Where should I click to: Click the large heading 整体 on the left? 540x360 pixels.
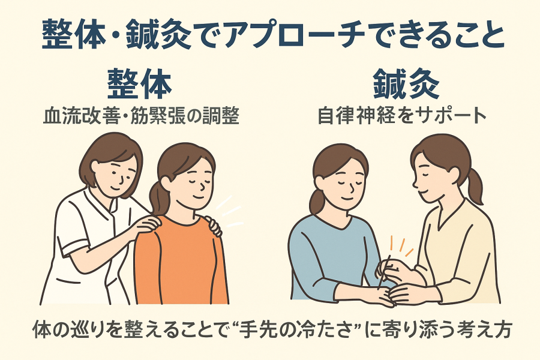click(139, 84)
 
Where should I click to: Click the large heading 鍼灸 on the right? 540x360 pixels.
click(406, 84)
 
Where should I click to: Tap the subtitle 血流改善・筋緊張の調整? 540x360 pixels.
click(141, 116)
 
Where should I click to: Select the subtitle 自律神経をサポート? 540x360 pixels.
click(401, 116)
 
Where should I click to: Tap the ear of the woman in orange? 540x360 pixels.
click(166, 182)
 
